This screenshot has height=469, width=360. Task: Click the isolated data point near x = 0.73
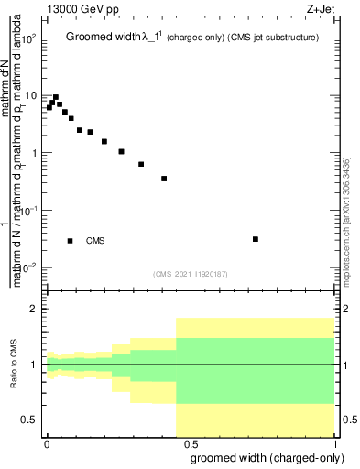pos(256,239)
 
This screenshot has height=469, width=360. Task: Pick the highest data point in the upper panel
pos(56,97)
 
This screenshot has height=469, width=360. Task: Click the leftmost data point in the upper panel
pos(49,108)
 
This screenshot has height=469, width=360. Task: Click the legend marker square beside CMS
pos(71,241)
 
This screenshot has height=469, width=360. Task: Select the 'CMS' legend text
pos(95,241)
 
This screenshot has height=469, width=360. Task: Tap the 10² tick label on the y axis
pos(29,38)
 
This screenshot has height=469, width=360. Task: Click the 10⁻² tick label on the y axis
pos(29,267)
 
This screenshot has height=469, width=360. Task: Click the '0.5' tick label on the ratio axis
pos(30,420)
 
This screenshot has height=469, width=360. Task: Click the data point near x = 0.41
pos(164,179)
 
